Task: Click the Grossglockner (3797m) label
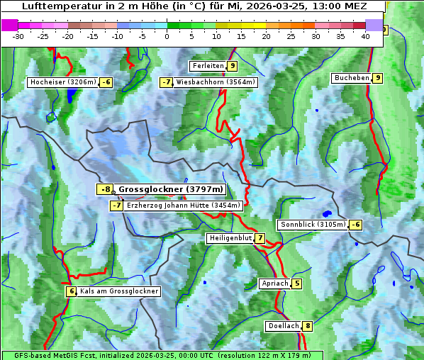(x=170, y=189)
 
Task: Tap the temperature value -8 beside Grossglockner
(x=105, y=189)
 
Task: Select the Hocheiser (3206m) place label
(x=62, y=82)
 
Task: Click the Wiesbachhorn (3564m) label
(x=216, y=82)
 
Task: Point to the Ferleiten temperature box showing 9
(x=233, y=66)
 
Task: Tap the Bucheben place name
(x=352, y=77)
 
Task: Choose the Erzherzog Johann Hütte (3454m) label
(x=184, y=206)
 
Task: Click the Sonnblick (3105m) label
(x=313, y=225)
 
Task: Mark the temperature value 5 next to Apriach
(x=296, y=283)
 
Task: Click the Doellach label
(x=283, y=326)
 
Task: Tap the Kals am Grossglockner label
(x=118, y=291)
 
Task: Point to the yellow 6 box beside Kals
(x=71, y=291)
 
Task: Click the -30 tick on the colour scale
(x=18, y=36)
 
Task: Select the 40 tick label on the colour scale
(x=365, y=36)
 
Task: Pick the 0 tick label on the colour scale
(x=167, y=36)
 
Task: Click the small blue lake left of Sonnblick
(x=326, y=213)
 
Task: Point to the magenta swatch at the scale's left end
(x=10, y=25)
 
